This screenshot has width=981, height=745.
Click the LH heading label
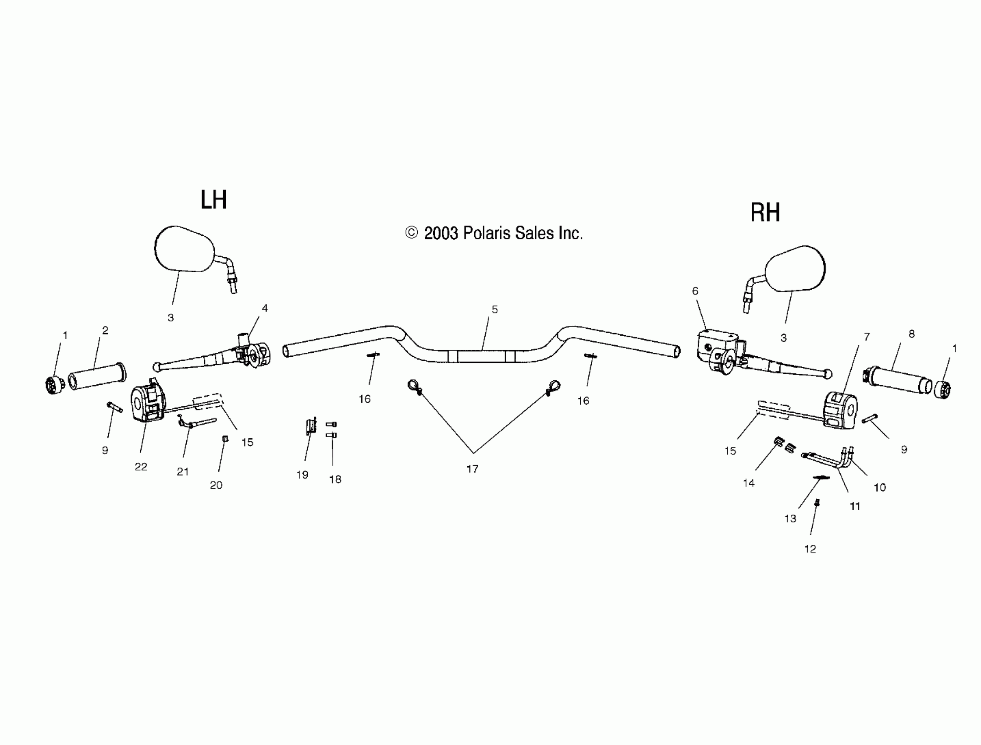point(213,200)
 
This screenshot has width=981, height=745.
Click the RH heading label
point(765,213)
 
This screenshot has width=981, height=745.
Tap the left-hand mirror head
point(184,248)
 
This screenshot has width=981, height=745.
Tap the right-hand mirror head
point(796,269)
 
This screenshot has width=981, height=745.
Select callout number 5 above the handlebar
point(495,309)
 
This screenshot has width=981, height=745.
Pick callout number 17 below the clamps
point(473,469)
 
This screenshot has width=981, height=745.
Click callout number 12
point(810,549)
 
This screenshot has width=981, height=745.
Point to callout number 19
point(302,475)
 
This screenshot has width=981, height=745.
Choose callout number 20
point(216,485)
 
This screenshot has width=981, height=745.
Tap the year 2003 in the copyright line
point(441,233)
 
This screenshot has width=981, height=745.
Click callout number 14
point(749,483)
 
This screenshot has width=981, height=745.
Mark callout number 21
point(183,472)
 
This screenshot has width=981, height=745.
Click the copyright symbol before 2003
point(412,233)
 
